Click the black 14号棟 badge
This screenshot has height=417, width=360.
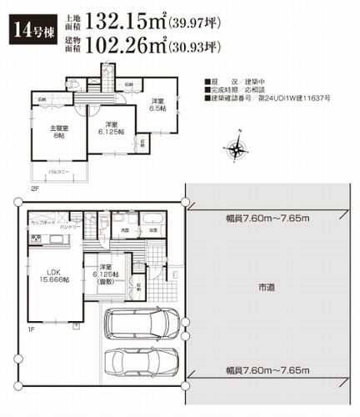click(x=28, y=32)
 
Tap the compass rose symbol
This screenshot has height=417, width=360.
click(x=237, y=149)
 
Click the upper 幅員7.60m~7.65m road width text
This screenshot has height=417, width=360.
click(x=267, y=218)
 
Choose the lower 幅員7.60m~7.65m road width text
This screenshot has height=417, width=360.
click(x=267, y=369)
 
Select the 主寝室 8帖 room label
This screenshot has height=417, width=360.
click(x=57, y=132)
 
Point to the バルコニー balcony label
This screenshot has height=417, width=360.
click(x=56, y=172)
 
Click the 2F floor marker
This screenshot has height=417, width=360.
click(x=36, y=188)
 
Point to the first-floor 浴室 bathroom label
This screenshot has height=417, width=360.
click(x=150, y=229)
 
